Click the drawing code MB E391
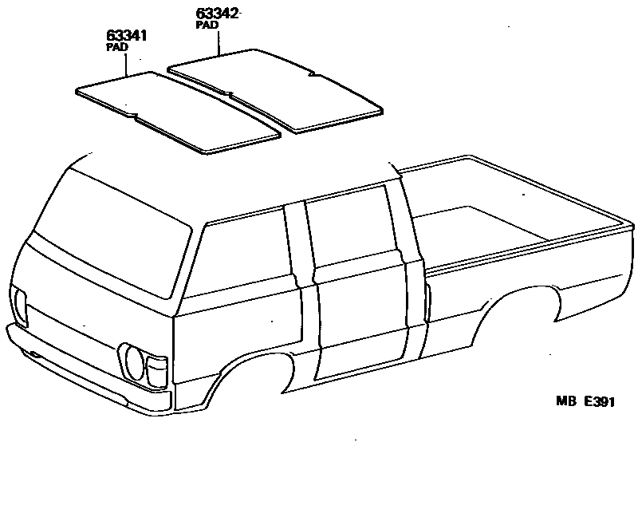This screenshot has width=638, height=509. tap(585, 402)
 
